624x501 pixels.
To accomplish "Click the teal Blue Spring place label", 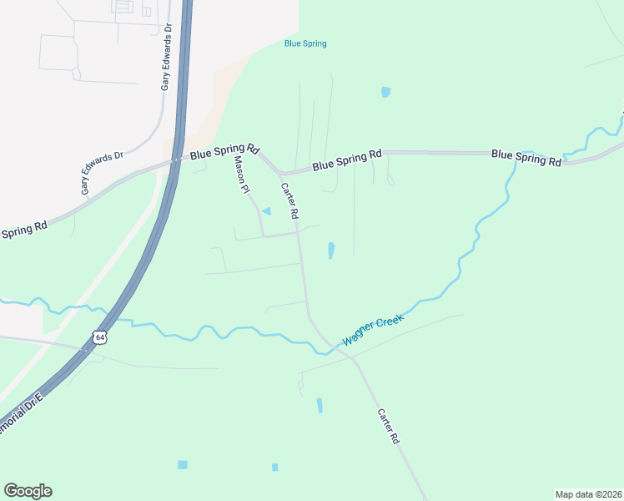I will pyautogui.click(x=305, y=43).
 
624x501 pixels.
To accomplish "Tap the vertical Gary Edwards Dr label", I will pyautogui.click(x=167, y=57).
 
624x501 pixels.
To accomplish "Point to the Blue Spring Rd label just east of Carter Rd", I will pyautogui.click(x=347, y=160).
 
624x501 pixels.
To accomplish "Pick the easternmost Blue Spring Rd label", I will pyautogui.click(x=526, y=157).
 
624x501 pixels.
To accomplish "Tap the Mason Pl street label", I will pyautogui.click(x=242, y=175).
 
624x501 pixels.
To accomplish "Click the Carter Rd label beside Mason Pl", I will pyautogui.click(x=289, y=201).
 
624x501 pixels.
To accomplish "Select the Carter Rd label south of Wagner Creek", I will pyautogui.click(x=388, y=426).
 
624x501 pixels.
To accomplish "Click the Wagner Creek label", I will pyautogui.click(x=373, y=331).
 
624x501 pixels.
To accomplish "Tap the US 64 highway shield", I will pyautogui.click(x=100, y=337).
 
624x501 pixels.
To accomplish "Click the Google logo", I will pyautogui.click(x=28, y=491).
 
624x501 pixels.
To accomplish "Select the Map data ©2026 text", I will pyautogui.click(x=588, y=494).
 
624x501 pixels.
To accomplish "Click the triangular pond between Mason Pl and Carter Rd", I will pyautogui.click(x=267, y=211).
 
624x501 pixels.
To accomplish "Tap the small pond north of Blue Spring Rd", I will pyautogui.click(x=385, y=92).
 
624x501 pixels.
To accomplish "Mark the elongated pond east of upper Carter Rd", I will pyautogui.click(x=331, y=250).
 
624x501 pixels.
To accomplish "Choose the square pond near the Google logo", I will pyautogui.click(x=183, y=464).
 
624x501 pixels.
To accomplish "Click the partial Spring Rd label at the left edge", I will pyautogui.click(x=23, y=229).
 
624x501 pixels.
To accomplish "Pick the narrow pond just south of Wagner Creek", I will pyautogui.click(x=319, y=405).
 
